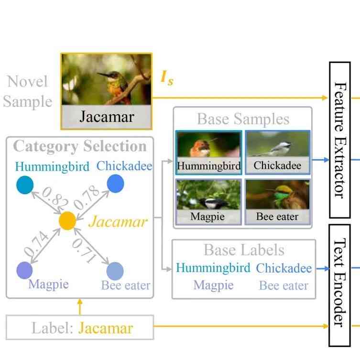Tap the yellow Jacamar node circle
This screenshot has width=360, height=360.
pyautogui.click(x=67, y=221)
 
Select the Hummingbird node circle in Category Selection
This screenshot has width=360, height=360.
pyautogui.click(x=24, y=185)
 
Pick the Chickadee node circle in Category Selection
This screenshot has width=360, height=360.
pyautogui.click(x=115, y=184)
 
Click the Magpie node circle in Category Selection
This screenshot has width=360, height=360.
pyautogui.click(x=24, y=270)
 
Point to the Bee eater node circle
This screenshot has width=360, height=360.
pyautogui.click(x=115, y=271)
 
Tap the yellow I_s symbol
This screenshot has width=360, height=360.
pyautogui.click(x=166, y=78)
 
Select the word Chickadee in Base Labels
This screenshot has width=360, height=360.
pyautogui.click(x=284, y=268)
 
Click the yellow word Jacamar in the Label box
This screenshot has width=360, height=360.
pyautogui.click(x=105, y=328)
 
